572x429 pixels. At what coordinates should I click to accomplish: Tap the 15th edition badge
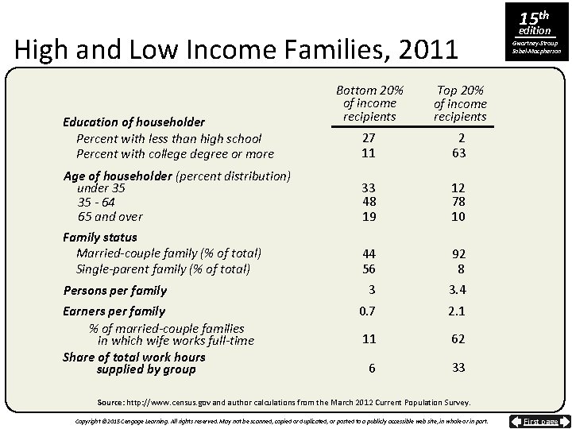click(x=533, y=21)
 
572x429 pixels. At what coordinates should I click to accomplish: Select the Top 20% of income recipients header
click(x=460, y=103)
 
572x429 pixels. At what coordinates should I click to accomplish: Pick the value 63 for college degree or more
click(x=458, y=153)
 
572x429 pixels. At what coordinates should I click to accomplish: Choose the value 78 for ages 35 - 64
click(x=458, y=202)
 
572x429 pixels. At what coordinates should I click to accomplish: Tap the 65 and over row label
click(x=110, y=216)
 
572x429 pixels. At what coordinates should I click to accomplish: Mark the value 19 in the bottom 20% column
click(x=369, y=216)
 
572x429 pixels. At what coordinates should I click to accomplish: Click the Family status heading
click(x=99, y=237)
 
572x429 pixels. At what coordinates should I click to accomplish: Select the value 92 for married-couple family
click(x=458, y=255)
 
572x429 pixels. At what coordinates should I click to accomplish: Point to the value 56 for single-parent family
click(x=369, y=269)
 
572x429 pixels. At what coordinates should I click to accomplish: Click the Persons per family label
click(x=114, y=291)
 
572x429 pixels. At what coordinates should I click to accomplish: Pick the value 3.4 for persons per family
click(x=458, y=290)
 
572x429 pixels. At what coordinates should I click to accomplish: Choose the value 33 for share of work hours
click(x=458, y=368)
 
